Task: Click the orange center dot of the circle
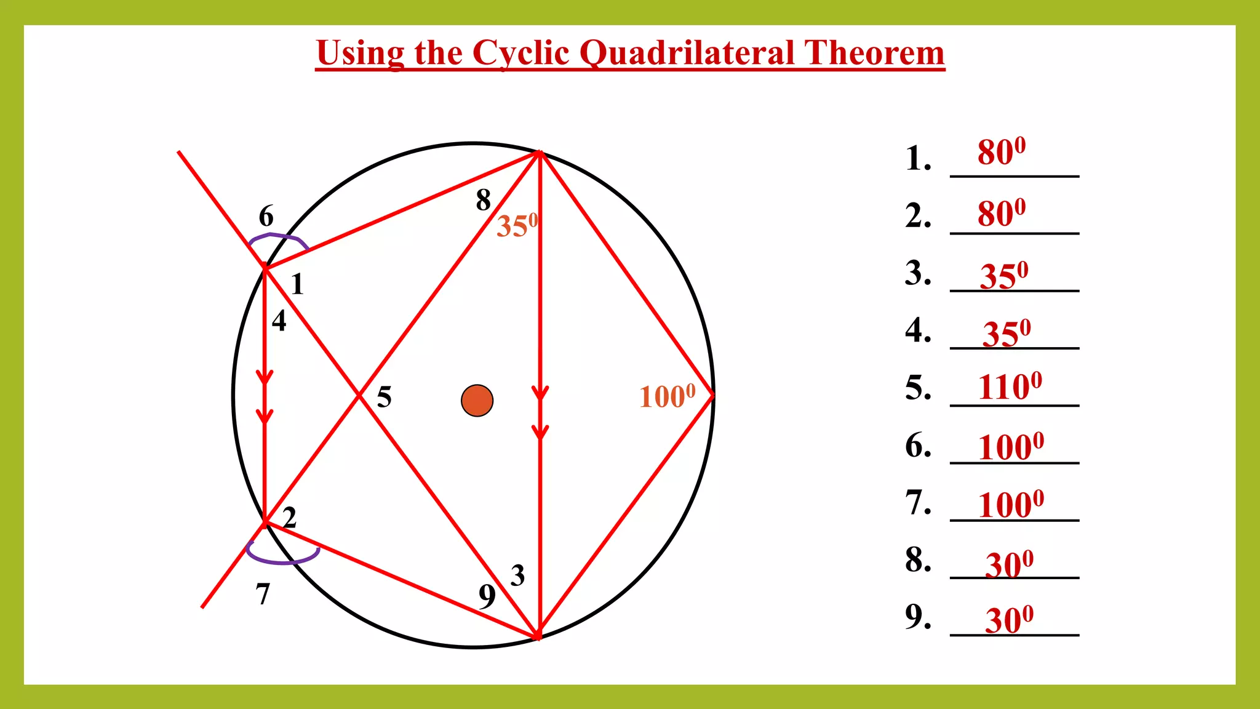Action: click(x=477, y=401)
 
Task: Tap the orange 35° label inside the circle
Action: click(x=517, y=225)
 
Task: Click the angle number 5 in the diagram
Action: click(x=384, y=397)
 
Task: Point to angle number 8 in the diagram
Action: click(x=484, y=200)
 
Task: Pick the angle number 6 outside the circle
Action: click(x=266, y=216)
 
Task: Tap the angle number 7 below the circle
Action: click(x=263, y=594)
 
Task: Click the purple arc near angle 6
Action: click(x=278, y=236)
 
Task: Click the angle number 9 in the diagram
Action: click(x=487, y=596)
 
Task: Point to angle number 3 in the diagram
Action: click(x=517, y=575)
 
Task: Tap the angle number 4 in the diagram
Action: click(x=279, y=321)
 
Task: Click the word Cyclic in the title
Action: click(x=520, y=53)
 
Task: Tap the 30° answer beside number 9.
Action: click(x=1009, y=619)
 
